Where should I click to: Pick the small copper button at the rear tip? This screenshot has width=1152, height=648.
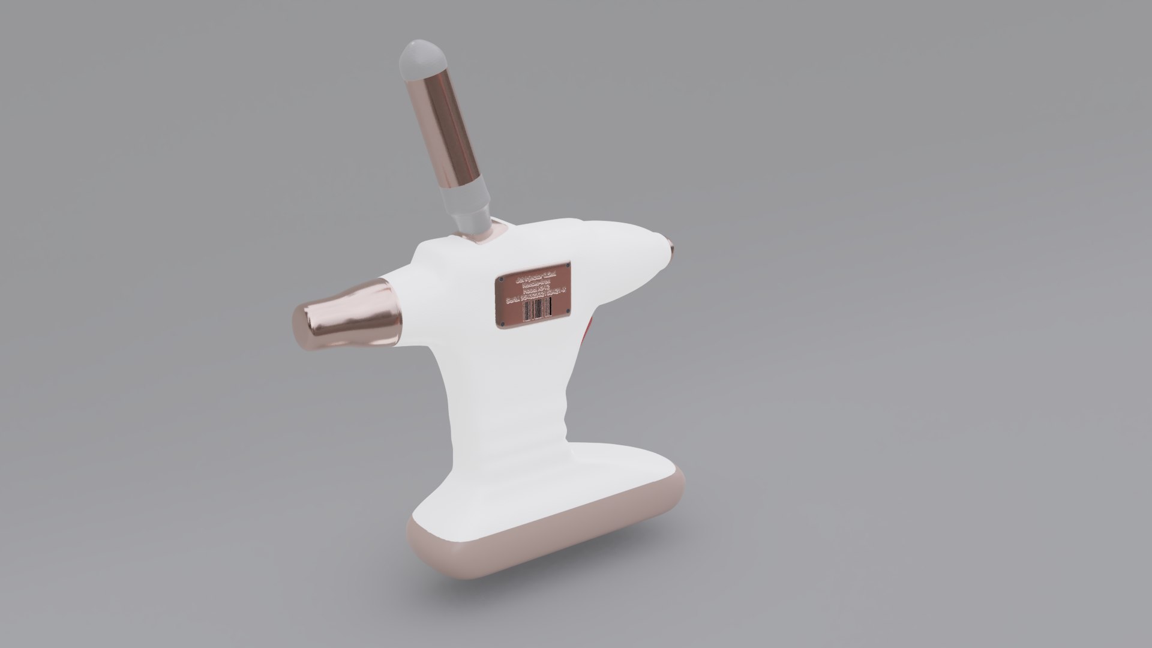671,247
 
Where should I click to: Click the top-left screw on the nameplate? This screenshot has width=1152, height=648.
501,279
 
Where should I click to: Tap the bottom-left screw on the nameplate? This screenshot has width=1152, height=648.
502,324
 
